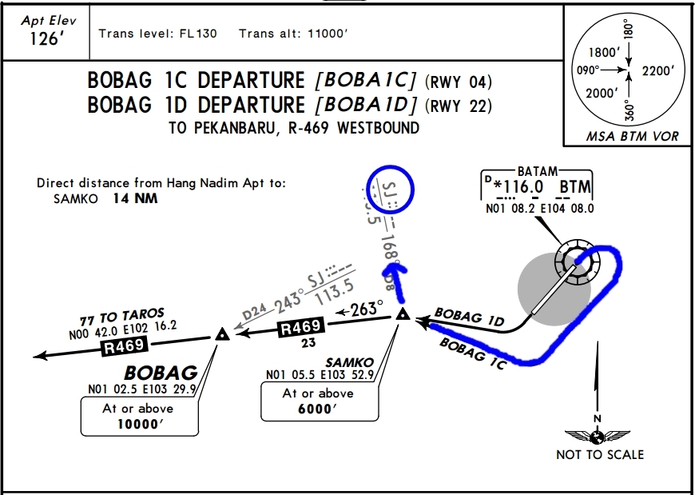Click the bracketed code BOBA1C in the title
(366, 81)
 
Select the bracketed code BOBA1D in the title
(367, 105)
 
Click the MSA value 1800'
(604, 53)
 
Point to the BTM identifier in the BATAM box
(575, 187)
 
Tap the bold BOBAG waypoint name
(161, 373)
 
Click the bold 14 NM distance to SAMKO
(135, 198)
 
